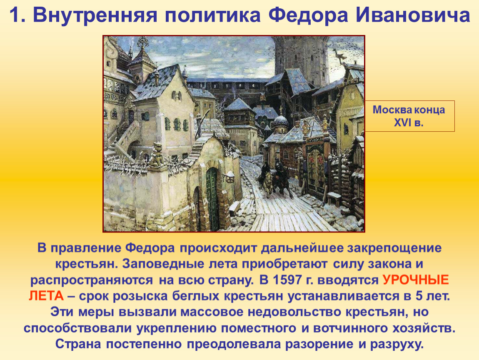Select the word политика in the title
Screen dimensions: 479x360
212,15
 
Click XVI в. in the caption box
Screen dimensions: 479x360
409,122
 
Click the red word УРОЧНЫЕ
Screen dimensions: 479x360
416,280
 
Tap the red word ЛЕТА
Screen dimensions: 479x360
46,296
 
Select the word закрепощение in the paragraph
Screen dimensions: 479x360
394,248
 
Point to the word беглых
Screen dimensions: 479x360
196,296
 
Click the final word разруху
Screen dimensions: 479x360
397,344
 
